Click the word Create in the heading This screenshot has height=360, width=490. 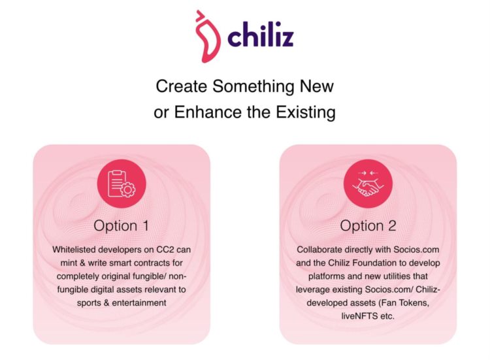(x=178, y=86)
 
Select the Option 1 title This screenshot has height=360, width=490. (x=121, y=225)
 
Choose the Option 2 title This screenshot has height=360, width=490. (x=368, y=225)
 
